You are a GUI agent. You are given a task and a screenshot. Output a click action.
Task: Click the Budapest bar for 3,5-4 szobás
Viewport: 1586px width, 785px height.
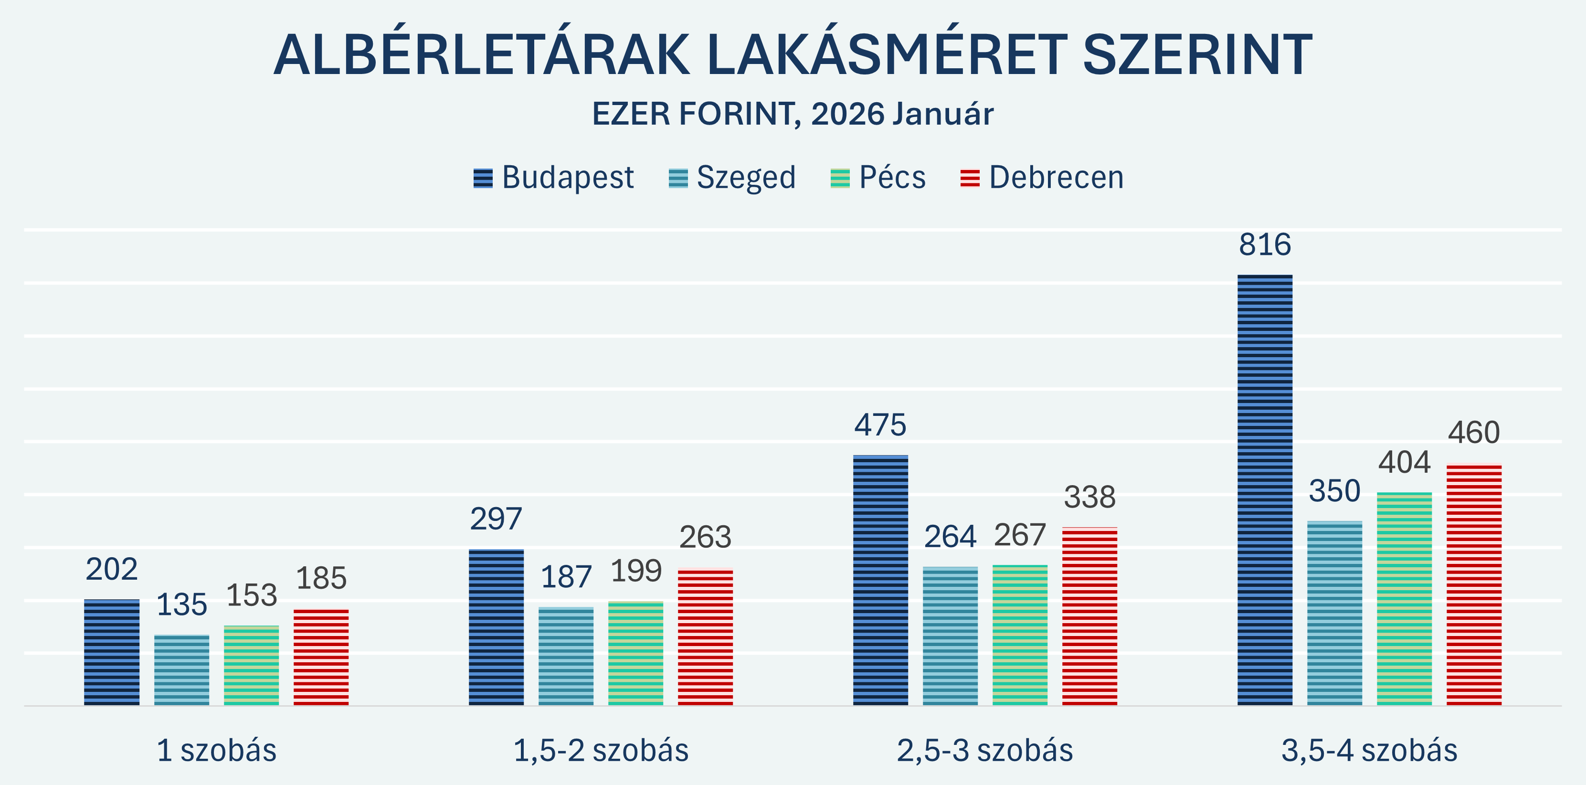pyautogui.click(x=1265, y=489)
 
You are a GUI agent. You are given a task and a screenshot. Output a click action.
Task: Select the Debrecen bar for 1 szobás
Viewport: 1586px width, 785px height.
pyautogui.click(x=321, y=657)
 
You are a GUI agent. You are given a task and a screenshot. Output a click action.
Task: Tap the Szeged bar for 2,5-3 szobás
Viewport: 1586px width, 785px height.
pyautogui.click(x=950, y=636)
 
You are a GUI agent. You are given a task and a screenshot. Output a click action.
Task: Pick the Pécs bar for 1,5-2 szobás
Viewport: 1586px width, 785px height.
pyautogui.click(x=635, y=653)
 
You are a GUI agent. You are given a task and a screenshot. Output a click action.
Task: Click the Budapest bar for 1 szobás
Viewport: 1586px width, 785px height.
pyautogui.click(x=111, y=652)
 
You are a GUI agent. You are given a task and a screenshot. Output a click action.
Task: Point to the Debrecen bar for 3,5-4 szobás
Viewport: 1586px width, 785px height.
pyautogui.click(x=1473, y=584)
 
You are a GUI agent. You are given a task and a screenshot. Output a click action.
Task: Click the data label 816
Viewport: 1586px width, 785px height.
pyautogui.click(x=1265, y=245)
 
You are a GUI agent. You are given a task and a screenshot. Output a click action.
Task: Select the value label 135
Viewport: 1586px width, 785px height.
pyautogui.click(x=181, y=605)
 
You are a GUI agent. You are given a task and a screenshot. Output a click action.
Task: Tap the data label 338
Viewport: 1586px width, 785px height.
pyautogui.click(x=1089, y=498)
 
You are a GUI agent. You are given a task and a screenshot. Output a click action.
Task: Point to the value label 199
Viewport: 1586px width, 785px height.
pyautogui.click(x=636, y=572)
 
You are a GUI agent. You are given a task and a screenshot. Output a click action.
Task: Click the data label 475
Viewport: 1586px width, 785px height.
pyautogui.click(x=880, y=425)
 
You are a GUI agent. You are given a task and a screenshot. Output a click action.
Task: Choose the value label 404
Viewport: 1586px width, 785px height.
pyautogui.click(x=1404, y=462)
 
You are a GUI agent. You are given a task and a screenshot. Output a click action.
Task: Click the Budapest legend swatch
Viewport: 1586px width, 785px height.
pyautogui.click(x=483, y=179)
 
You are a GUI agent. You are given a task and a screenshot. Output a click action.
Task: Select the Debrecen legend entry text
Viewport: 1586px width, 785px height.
pyautogui.click(x=1056, y=178)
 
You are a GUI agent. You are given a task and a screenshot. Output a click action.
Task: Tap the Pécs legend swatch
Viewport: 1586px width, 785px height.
pyautogui.click(x=840, y=179)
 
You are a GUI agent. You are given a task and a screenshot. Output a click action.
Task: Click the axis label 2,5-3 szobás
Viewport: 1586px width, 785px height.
pyautogui.click(x=984, y=751)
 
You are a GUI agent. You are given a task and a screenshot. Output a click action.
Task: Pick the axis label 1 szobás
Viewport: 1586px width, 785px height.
pyautogui.click(x=216, y=751)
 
